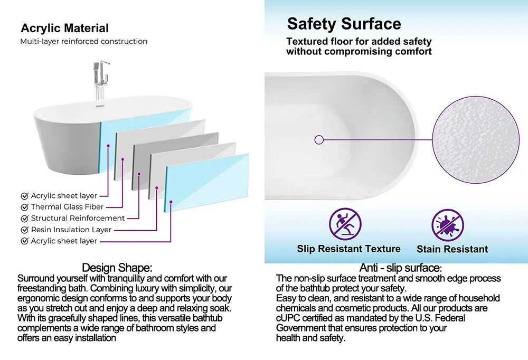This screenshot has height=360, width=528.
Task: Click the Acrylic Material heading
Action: coord(64,28)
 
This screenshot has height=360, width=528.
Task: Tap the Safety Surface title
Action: coord(344,24)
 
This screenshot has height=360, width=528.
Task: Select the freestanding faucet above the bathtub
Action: coord(98,82)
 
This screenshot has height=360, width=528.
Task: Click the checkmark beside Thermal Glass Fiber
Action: coord(24,207)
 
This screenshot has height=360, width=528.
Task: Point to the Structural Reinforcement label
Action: coord(78,218)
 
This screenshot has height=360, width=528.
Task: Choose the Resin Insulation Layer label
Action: coord(71,230)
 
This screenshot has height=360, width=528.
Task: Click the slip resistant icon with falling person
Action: coord(345,223)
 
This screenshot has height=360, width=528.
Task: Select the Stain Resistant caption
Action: coord(452,249)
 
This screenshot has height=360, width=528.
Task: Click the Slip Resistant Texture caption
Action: coord(348,249)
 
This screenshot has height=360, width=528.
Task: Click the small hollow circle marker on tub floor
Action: coord(319,140)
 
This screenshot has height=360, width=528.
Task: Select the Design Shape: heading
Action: coord(117,268)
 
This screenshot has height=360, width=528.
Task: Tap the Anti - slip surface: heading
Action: coord(400,268)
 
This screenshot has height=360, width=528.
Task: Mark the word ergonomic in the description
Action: coord(39,298)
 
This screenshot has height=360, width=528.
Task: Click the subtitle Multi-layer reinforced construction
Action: coord(84,41)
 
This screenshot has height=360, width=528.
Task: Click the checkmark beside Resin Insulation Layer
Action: coord(24,230)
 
